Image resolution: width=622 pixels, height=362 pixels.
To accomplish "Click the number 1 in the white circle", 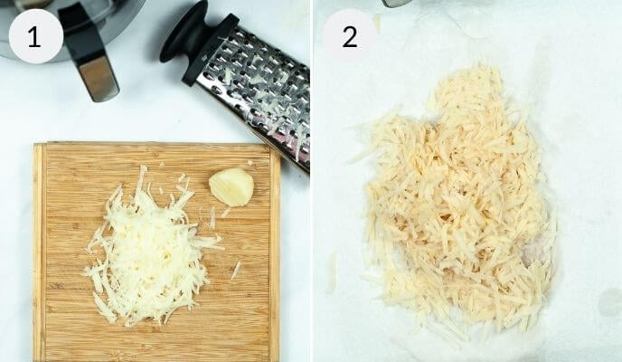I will [x=35, y=36].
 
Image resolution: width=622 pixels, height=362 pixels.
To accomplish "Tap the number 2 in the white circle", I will [x=349, y=36].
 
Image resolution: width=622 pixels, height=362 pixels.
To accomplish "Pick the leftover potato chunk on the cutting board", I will [x=231, y=186].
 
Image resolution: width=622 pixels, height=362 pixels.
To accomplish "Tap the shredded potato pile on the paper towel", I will [x=457, y=208].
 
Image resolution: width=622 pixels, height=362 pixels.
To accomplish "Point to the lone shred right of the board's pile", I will [x=236, y=270].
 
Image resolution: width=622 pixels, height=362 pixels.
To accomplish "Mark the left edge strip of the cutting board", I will [x=39, y=253].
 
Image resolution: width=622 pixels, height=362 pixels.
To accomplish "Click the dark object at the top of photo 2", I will [x=396, y=3].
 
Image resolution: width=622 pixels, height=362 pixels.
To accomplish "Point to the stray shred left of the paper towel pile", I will [x=332, y=271].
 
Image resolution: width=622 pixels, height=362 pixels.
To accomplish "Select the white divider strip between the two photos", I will [x=311, y=181].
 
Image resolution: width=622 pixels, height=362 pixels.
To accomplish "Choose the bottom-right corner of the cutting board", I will [x=276, y=357].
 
